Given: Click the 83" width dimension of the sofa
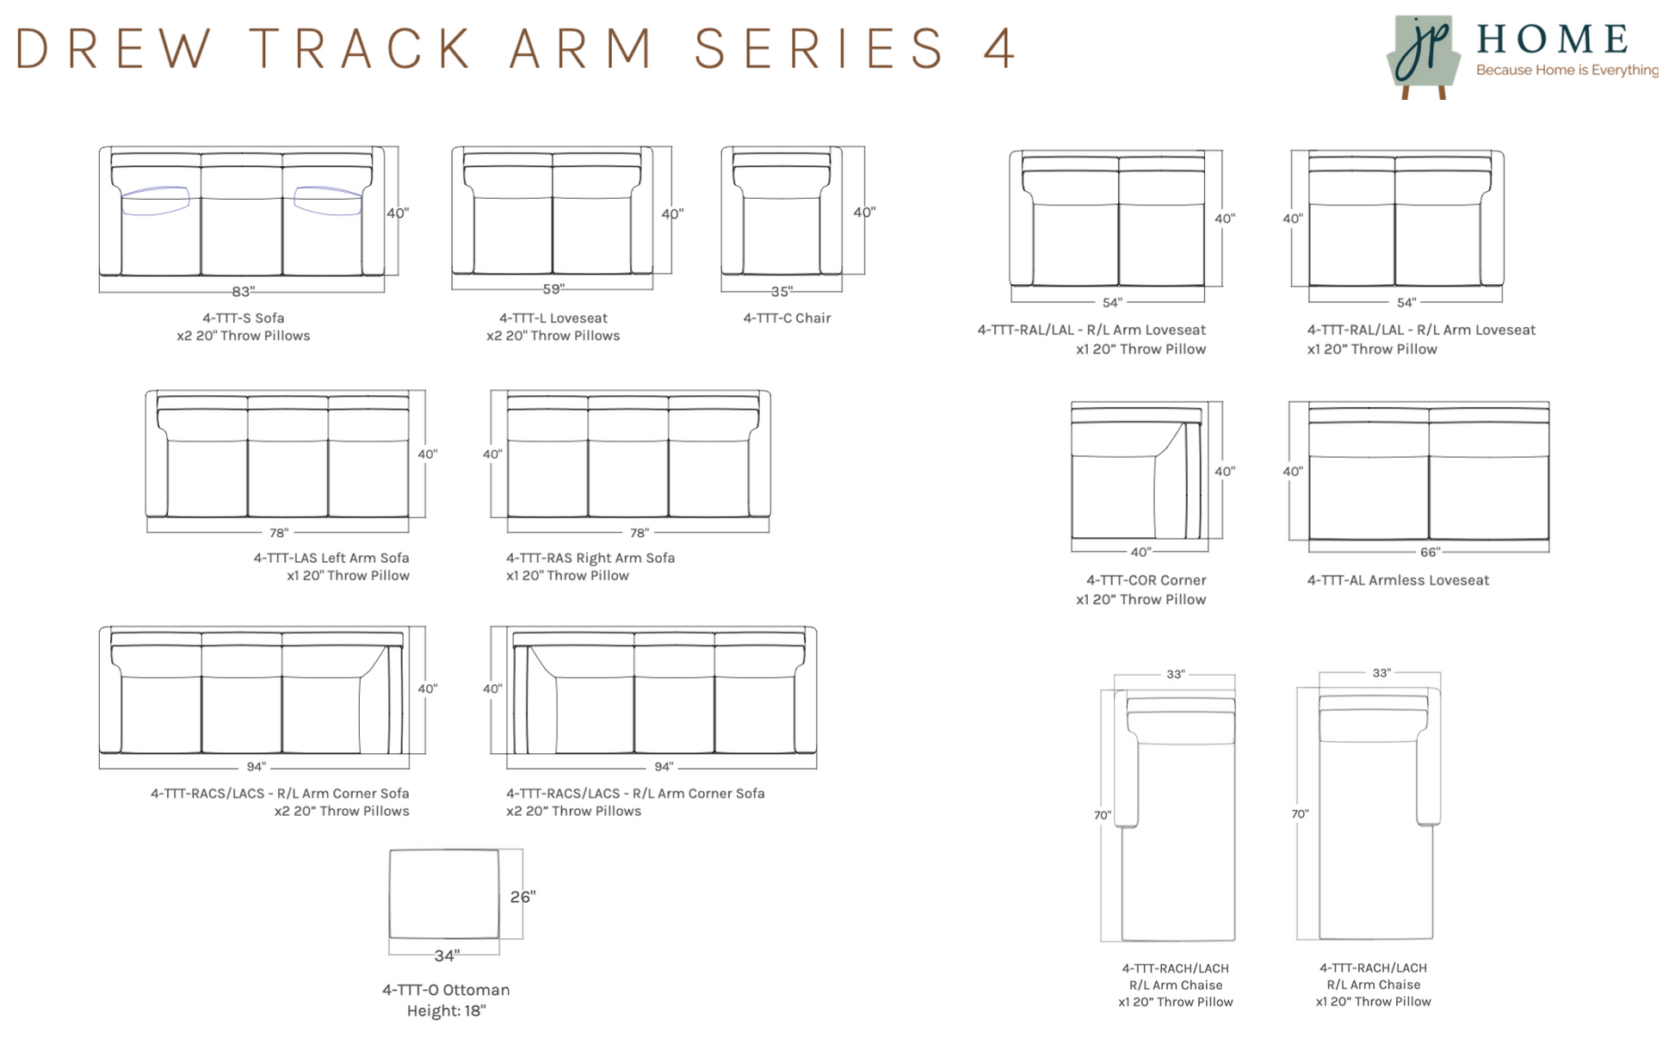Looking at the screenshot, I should (243, 292).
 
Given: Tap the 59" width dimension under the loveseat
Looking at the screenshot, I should (553, 289).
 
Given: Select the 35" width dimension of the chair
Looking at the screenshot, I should (781, 291).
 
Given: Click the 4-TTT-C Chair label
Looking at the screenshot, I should (787, 318).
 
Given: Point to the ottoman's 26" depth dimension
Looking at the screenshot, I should (522, 897).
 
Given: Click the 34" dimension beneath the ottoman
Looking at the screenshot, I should (446, 955).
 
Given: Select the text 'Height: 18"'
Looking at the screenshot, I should (446, 1011).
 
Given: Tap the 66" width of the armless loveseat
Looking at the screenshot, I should (1430, 552).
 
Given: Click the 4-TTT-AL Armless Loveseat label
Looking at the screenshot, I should (1397, 581).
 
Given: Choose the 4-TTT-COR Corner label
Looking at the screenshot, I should (1146, 581).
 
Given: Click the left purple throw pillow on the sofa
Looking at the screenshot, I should (155, 201).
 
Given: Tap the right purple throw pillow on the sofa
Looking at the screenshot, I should (328, 201).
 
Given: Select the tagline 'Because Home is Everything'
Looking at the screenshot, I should (1567, 71).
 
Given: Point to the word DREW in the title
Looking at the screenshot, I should (113, 48).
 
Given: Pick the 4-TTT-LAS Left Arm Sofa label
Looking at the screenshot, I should (331, 559).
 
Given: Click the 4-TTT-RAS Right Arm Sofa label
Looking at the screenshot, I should (590, 559).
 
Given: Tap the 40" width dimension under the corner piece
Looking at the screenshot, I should (1140, 552).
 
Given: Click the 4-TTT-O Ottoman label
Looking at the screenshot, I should (446, 991).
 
